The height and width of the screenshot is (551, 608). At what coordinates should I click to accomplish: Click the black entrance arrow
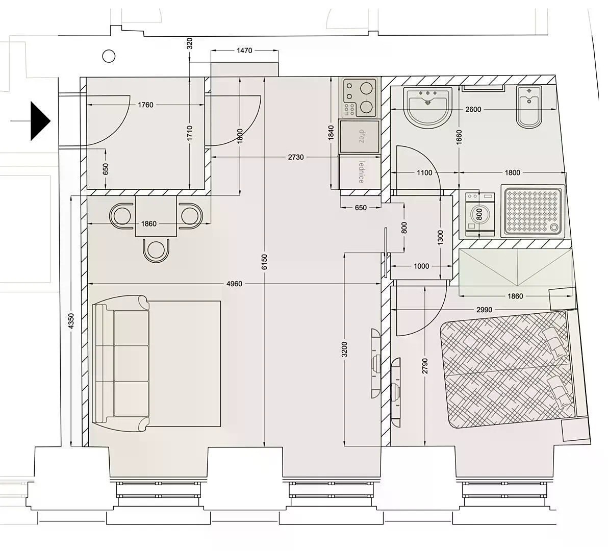click(x=40, y=121)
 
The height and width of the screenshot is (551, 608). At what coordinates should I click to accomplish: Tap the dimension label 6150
click(x=264, y=262)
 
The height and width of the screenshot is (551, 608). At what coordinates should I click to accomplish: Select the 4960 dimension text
click(x=234, y=284)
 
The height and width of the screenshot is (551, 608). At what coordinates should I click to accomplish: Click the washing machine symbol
click(x=479, y=214)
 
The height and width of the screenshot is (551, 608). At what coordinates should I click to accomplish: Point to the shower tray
click(x=533, y=211)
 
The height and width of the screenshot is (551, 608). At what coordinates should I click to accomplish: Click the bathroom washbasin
click(x=428, y=106)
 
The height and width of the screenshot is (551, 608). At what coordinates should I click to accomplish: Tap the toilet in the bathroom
click(x=529, y=106)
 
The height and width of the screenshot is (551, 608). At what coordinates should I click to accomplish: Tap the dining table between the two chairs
click(x=156, y=216)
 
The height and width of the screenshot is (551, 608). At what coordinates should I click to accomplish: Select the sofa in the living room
click(x=120, y=363)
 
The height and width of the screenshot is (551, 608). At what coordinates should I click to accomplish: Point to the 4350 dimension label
click(x=71, y=321)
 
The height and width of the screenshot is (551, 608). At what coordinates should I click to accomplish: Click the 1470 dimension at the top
click(x=244, y=51)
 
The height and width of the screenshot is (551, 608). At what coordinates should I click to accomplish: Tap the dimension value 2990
click(x=484, y=310)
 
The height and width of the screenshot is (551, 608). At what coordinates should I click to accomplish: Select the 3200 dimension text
click(x=345, y=349)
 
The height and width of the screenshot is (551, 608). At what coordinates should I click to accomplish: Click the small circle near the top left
click(x=109, y=56)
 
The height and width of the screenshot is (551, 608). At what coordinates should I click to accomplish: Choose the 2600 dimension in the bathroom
click(x=473, y=109)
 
